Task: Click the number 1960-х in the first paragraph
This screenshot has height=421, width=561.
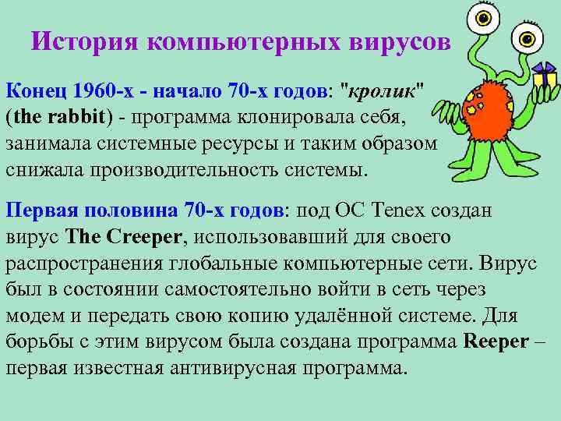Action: [97, 92]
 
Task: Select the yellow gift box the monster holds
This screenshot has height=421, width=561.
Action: [543, 81]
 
